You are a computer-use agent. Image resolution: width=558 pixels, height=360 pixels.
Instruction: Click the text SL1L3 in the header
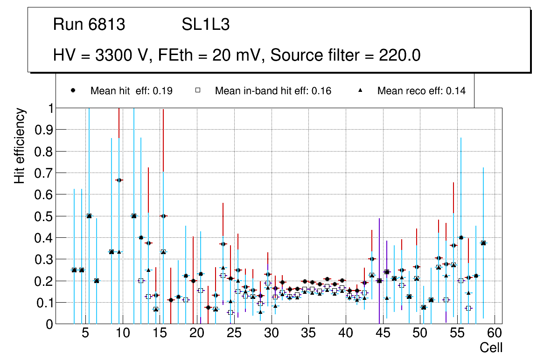[205, 25]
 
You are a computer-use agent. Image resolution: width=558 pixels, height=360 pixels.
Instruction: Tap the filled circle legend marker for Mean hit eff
[73, 91]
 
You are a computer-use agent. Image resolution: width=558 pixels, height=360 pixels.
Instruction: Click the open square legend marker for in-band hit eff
[197, 91]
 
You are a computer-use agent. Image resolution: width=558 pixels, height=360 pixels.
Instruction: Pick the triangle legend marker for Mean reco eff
[360, 91]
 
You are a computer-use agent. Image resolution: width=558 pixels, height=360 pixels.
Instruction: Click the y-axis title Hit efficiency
[20, 145]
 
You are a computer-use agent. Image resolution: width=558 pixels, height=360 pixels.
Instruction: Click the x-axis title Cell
[491, 347]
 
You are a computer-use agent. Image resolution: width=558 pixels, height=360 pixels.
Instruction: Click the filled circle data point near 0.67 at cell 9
[119, 180]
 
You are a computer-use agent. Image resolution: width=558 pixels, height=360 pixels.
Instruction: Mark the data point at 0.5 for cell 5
[89, 216]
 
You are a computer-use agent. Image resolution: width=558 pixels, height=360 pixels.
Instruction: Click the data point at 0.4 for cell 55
[461, 237]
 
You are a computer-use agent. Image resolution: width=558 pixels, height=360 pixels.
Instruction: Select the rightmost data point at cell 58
[483, 243]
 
